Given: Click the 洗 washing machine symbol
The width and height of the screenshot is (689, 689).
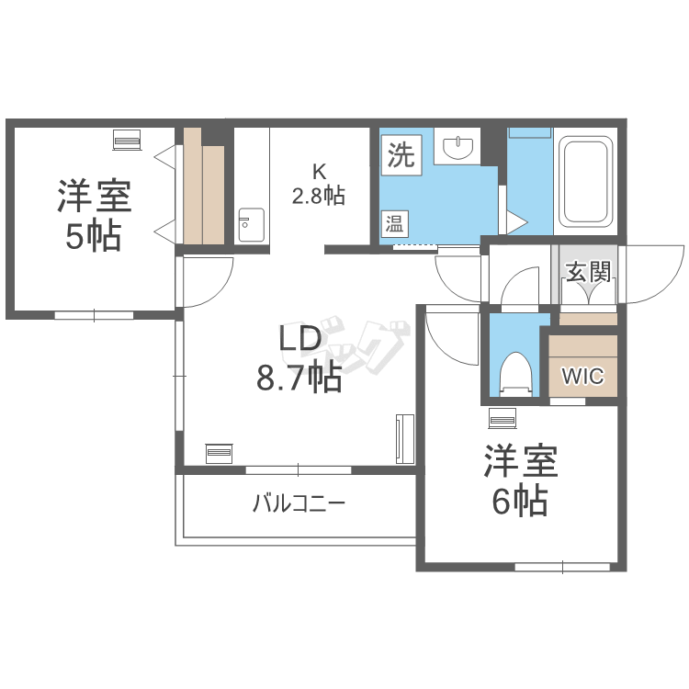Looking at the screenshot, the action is pos(401,154).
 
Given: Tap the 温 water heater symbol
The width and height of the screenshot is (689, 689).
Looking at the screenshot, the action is pos(395,223).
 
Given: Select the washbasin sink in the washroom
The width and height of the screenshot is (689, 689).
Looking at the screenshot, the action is pos(457,146).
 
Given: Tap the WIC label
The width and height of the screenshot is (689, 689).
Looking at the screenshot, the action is pos(583,376).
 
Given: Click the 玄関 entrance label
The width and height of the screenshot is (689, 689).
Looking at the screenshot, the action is pos(588,272).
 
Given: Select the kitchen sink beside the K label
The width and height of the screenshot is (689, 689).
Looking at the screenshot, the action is pos(252,224).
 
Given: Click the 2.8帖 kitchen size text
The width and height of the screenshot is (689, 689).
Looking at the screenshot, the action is pos(319,196).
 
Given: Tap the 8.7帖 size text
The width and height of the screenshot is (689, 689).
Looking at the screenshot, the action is pos(299,378).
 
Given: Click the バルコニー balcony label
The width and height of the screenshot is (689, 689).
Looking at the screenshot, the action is pos(299,503).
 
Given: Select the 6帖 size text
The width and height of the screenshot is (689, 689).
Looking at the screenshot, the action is pos(520,501).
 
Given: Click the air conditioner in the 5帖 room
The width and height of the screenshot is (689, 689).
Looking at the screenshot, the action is pos(127,141).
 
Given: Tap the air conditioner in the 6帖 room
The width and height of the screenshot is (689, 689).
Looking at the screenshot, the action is pos(503,418).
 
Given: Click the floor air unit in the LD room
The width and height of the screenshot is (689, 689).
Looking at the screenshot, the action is pos(220,454).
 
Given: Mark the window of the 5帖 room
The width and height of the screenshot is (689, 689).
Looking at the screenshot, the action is pos(94,315).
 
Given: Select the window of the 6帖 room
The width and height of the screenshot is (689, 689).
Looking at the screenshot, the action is pos(562,567).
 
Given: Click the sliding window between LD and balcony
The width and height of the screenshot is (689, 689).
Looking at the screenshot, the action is pos(299,469).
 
